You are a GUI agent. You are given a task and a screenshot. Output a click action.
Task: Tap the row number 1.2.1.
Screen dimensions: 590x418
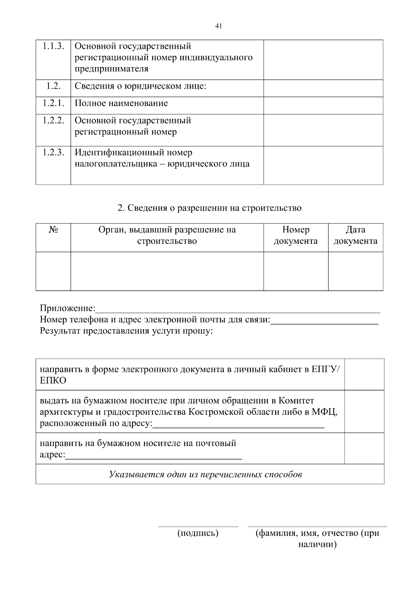click(x=53, y=103)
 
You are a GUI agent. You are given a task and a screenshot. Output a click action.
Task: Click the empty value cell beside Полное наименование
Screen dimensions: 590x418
click(x=323, y=105)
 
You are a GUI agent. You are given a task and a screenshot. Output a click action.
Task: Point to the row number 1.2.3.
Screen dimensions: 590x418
click(x=53, y=153)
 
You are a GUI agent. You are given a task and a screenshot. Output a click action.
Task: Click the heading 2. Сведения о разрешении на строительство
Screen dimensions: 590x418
click(x=209, y=208)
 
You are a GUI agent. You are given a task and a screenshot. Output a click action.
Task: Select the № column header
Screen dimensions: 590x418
click(x=53, y=230)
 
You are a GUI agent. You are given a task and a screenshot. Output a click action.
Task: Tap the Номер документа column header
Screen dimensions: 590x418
click(x=296, y=236)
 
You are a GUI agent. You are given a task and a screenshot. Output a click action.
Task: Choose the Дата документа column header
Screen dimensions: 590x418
click(x=355, y=236)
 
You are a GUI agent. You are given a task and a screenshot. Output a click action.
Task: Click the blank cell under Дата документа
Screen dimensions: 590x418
click(x=355, y=271)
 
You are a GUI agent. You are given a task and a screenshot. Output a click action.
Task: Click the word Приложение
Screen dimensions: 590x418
click(x=67, y=308)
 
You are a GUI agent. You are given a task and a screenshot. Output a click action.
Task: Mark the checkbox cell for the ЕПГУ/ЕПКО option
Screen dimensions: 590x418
click(x=364, y=374)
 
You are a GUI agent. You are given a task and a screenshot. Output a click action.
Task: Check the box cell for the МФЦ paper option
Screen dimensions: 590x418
click(x=364, y=411)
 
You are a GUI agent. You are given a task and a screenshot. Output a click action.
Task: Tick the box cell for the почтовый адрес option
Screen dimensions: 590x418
click(x=364, y=448)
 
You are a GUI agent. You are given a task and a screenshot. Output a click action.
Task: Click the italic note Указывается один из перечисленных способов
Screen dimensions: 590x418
click(x=206, y=475)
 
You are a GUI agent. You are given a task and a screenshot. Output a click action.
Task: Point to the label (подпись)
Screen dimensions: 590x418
click(x=198, y=533)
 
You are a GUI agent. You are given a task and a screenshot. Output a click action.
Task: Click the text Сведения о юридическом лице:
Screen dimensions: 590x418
click(x=141, y=86)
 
